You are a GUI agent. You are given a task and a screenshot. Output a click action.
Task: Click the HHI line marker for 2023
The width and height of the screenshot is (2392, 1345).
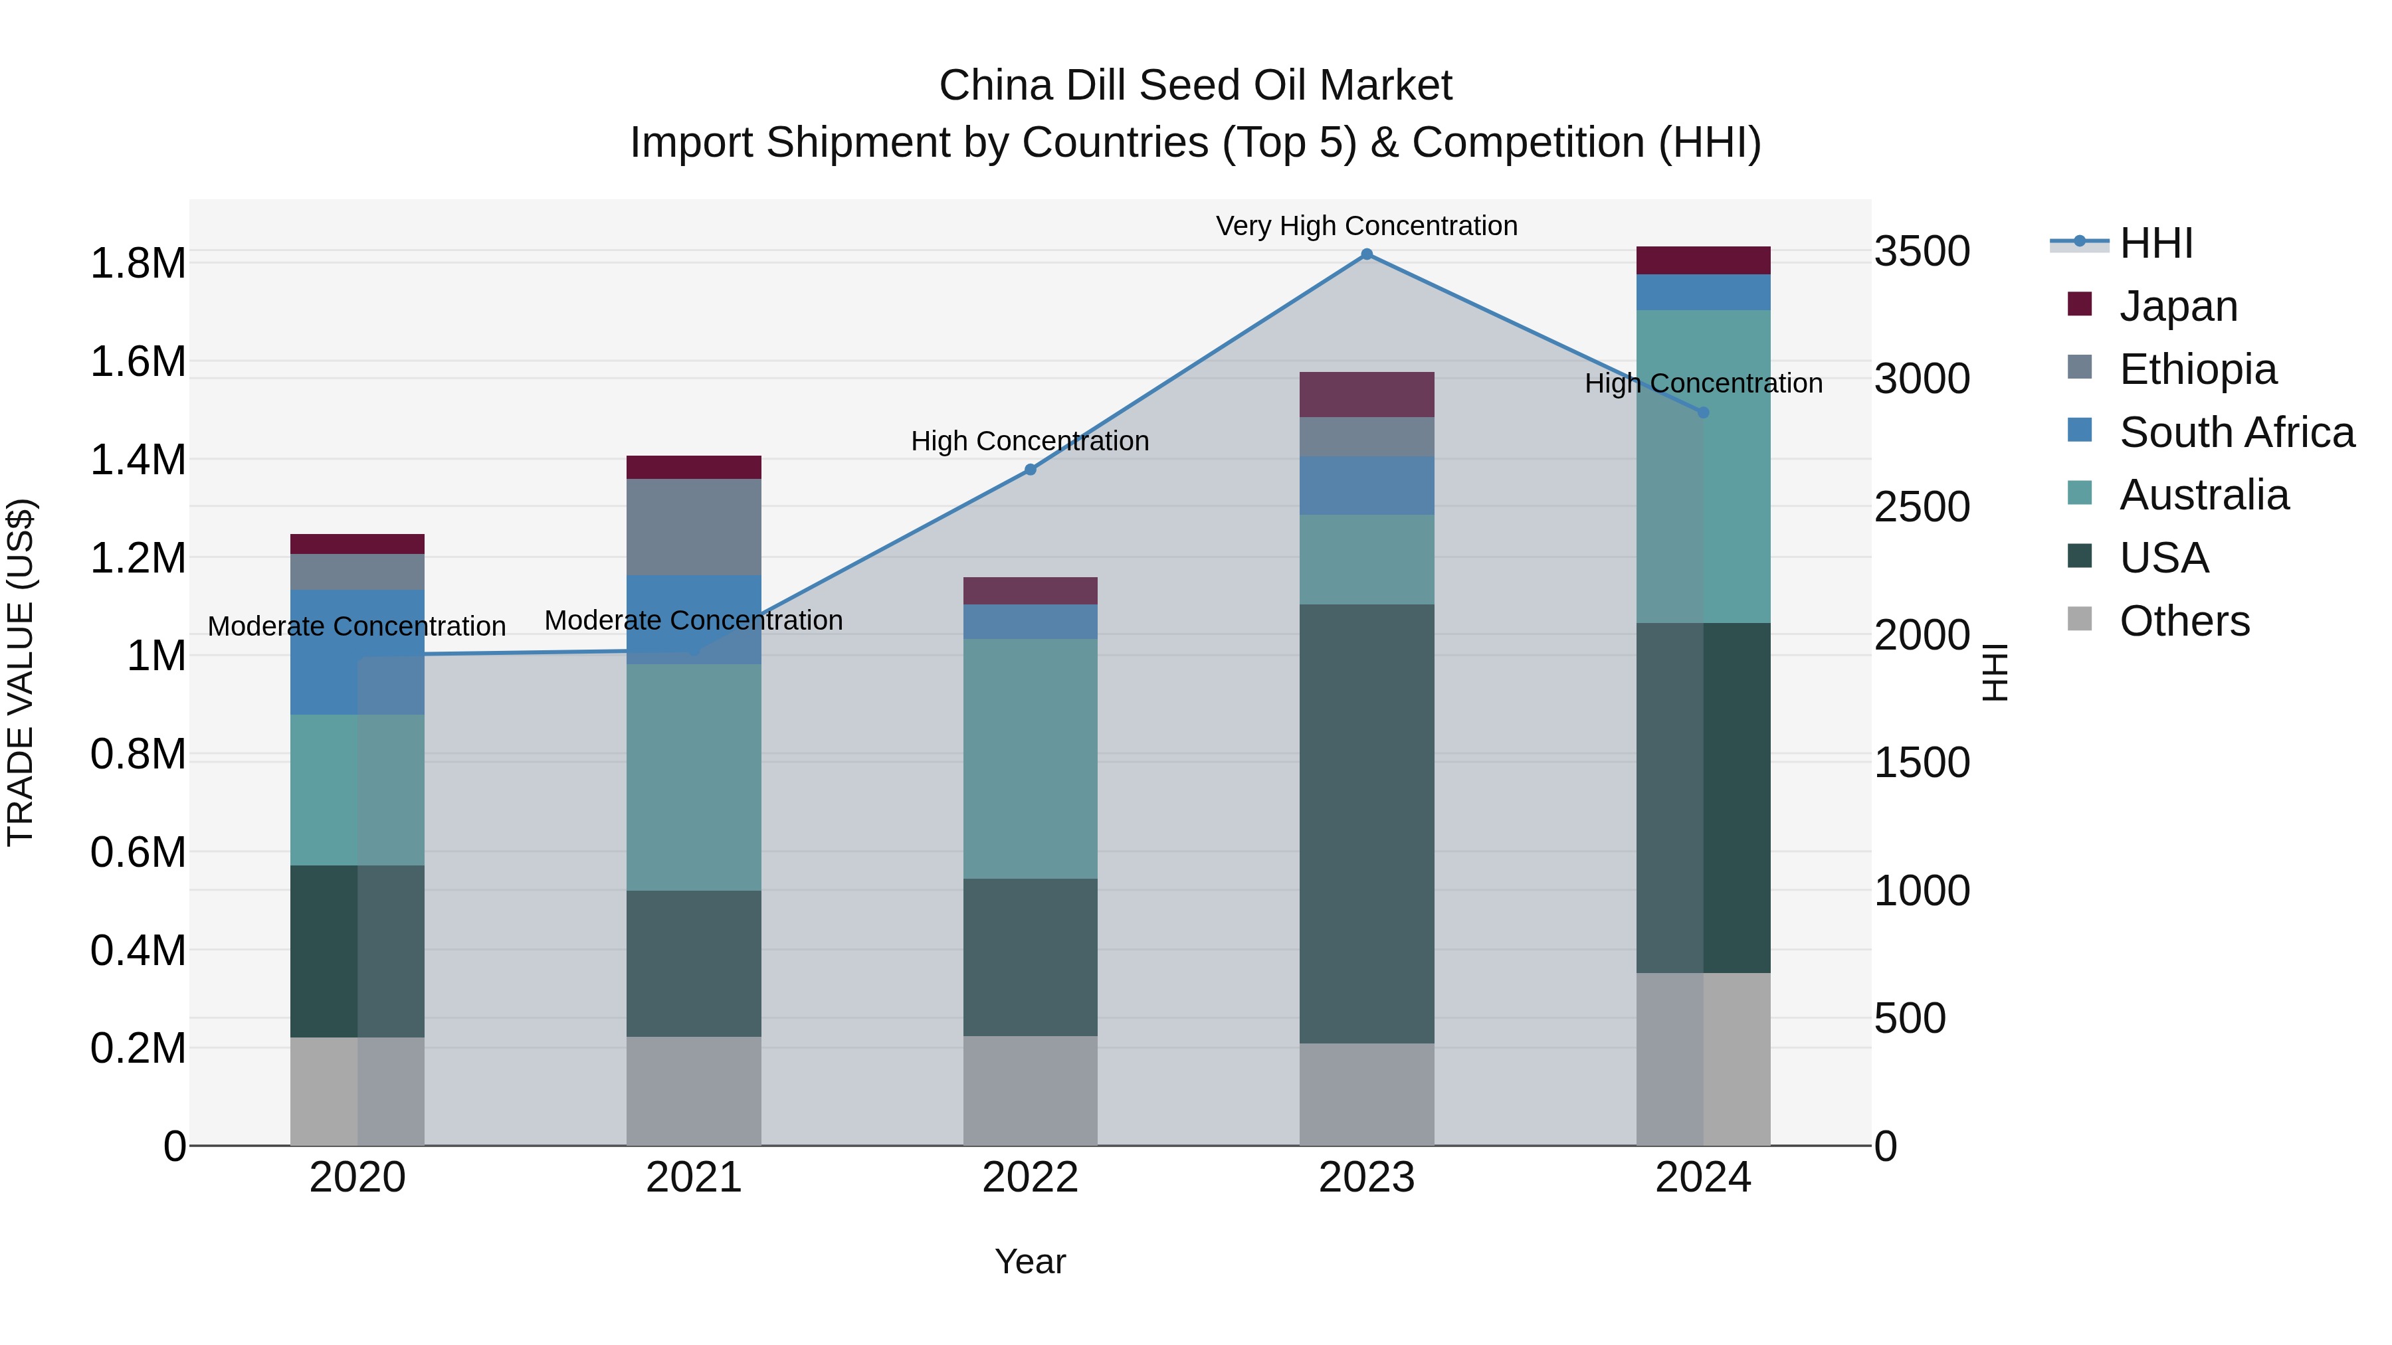[1366, 254]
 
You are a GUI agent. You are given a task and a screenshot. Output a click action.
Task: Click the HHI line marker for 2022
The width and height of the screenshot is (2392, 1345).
[1030, 470]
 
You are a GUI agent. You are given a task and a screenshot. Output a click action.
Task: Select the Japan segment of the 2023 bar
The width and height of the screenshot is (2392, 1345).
[1366, 395]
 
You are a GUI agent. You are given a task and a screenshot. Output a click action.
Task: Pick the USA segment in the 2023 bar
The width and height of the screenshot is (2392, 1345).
[1366, 824]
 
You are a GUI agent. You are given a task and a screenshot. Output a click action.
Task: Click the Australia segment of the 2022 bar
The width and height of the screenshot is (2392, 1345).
[1030, 759]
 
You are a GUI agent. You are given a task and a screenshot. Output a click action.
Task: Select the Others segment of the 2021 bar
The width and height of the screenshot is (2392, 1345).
[694, 1091]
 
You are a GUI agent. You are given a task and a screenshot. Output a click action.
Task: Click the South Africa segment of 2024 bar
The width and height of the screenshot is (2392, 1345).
[1703, 292]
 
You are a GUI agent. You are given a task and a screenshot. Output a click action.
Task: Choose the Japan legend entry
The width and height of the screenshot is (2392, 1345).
[2177, 306]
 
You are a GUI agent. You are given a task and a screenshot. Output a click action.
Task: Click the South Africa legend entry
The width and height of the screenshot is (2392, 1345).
[2236, 432]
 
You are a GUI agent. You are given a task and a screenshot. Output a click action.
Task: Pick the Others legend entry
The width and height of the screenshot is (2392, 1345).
[2184, 621]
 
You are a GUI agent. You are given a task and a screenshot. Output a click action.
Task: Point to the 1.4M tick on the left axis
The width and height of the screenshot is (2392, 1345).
[138, 460]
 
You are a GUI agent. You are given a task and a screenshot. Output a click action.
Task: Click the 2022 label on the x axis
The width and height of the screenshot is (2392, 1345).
[1030, 1178]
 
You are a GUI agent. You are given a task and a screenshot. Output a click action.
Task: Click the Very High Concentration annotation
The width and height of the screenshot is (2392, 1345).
[1366, 226]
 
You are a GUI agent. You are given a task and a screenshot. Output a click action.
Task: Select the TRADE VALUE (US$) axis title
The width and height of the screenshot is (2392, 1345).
[21, 672]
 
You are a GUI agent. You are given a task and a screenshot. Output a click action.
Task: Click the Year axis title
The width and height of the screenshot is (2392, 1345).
[1030, 1261]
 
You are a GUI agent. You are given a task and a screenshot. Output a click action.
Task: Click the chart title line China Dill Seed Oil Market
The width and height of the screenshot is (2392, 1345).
[1195, 86]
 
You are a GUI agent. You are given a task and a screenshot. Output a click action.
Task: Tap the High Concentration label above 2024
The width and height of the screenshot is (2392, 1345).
[1703, 383]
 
